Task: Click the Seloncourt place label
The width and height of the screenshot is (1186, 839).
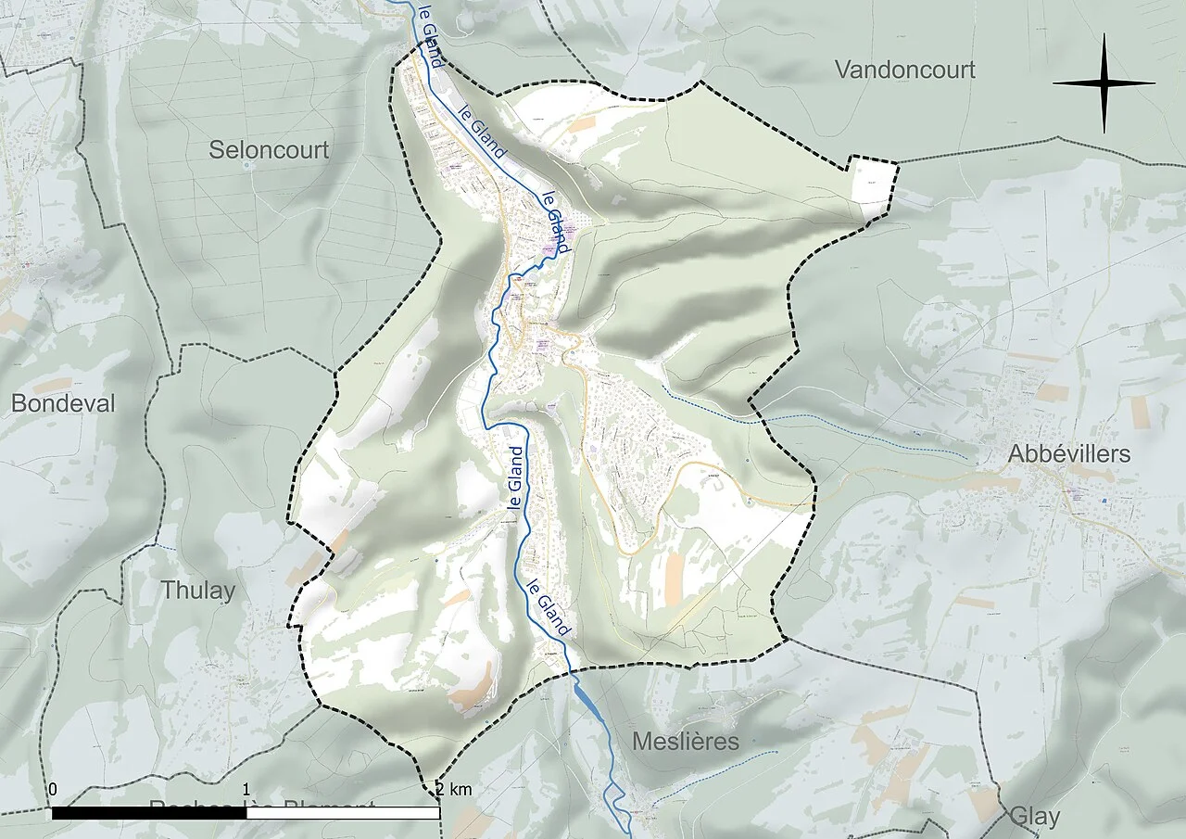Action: click(x=269, y=149)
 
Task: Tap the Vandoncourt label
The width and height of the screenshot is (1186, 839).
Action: click(x=904, y=70)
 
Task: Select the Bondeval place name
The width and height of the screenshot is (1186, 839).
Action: click(x=63, y=403)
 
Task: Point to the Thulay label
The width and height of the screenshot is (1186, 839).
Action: click(x=198, y=591)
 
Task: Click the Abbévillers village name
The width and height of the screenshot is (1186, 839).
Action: click(x=1070, y=453)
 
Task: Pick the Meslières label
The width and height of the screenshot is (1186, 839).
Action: click(x=686, y=742)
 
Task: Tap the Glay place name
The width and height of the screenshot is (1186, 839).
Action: click(x=1034, y=817)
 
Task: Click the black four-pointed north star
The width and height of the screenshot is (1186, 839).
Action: click(x=1104, y=83)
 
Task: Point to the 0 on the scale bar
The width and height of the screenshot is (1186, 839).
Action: click(x=53, y=790)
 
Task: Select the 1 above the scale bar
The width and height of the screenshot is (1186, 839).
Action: click(x=246, y=790)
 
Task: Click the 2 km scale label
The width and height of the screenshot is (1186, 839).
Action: click(x=453, y=790)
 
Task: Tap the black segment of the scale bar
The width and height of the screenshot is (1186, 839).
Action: click(x=149, y=813)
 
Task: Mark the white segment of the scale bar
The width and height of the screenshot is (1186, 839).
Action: click(x=343, y=813)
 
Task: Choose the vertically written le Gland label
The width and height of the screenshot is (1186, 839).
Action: click(x=516, y=477)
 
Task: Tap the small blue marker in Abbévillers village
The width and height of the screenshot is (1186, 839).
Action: click(x=1105, y=501)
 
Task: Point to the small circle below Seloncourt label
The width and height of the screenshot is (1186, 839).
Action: click(x=246, y=166)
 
